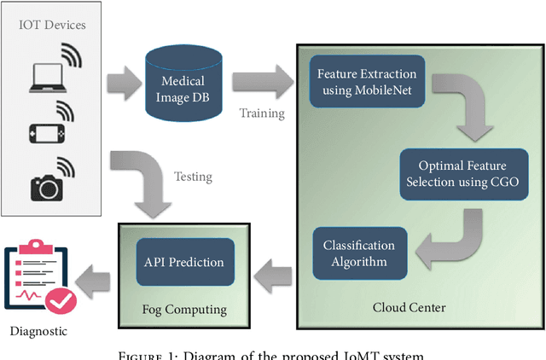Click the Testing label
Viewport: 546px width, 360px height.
click(x=193, y=177)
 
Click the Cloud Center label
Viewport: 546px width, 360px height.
click(x=409, y=305)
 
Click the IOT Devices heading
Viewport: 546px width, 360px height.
click(x=53, y=25)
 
